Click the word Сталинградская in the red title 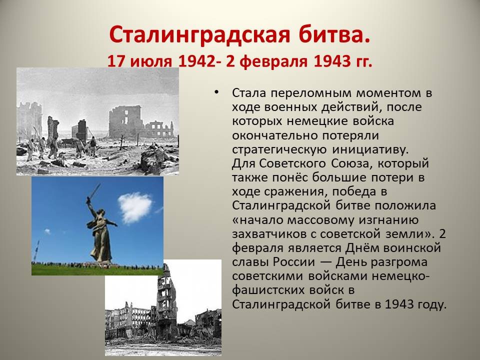199,35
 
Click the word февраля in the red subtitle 273,62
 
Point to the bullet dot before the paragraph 216,92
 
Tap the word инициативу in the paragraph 370,149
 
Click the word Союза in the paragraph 351,164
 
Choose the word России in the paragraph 294,262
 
